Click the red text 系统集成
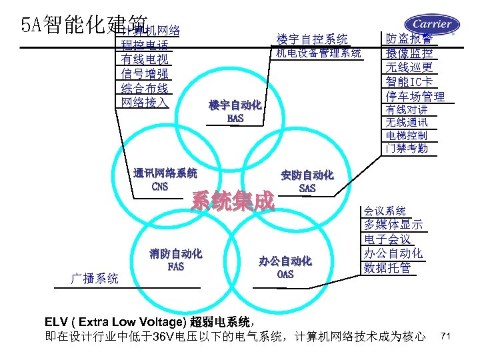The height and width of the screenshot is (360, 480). coord(233,200)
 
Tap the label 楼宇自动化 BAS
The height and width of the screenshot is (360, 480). coord(235,112)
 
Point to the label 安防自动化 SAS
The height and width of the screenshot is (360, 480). coord(307,181)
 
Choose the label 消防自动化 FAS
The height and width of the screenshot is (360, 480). coord(176,260)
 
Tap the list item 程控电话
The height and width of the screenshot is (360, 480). coord(144,46)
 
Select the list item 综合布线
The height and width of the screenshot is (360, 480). coord(144,88)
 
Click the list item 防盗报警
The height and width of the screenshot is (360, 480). coord(409,39)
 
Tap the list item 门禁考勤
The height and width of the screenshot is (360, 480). coord(406,149)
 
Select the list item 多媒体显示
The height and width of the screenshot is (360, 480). coord(393,225)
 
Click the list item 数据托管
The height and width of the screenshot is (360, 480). coord(387,268)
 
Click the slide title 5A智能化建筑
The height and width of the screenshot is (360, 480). coord(64,25)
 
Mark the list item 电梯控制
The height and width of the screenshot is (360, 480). coord(406,135)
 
